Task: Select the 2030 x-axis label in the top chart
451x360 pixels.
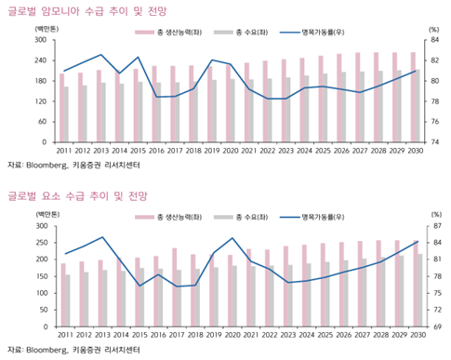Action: point(415,151)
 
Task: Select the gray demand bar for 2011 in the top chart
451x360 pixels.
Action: point(67,114)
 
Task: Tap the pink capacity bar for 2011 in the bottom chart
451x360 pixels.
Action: point(61,295)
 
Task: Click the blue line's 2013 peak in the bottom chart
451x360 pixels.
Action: point(101,237)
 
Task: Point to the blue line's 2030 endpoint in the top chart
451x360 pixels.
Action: point(415,71)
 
